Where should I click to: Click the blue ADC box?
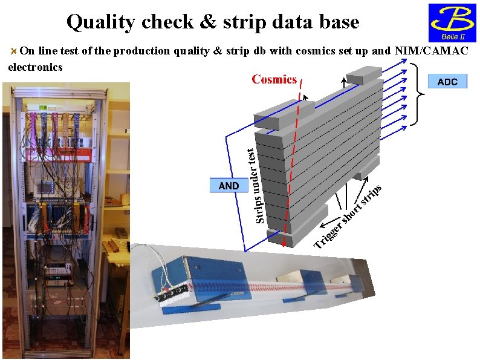click(x=447, y=82)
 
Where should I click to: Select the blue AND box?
click(x=229, y=186)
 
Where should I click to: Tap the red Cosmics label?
click(x=274, y=79)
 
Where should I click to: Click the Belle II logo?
click(x=451, y=23)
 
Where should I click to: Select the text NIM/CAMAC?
click(x=431, y=51)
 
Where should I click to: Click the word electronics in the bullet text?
click(x=35, y=67)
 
